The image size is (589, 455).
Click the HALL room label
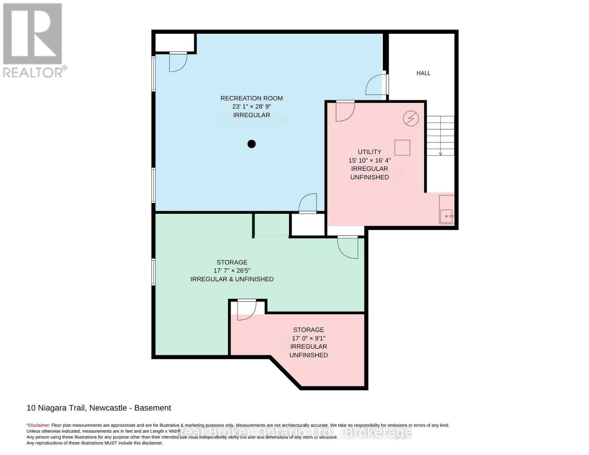pyautogui.click(x=423, y=73)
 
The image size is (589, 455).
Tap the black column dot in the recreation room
pyautogui.click(x=252, y=144)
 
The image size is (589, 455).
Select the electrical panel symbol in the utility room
pyautogui.click(x=410, y=119)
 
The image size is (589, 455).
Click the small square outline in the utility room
pyautogui.click(x=402, y=147)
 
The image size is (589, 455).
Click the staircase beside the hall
pyautogui.click(x=440, y=136)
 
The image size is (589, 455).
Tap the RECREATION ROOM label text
pyautogui.click(x=252, y=98)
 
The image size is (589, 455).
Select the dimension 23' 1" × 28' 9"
pyautogui.click(x=252, y=107)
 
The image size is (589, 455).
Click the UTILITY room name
pyautogui.click(x=370, y=152)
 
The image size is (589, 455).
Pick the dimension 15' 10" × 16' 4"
pyautogui.click(x=370, y=160)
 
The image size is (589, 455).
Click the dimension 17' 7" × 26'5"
pyautogui.click(x=232, y=271)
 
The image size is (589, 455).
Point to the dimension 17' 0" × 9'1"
pyautogui.click(x=309, y=338)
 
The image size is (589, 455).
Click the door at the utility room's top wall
pyautogui.click(x=345, y=111)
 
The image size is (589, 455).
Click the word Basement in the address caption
pyautogui.click(x=153, y=408)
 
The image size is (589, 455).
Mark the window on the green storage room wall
pyautogui.click(x=154, y=272)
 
